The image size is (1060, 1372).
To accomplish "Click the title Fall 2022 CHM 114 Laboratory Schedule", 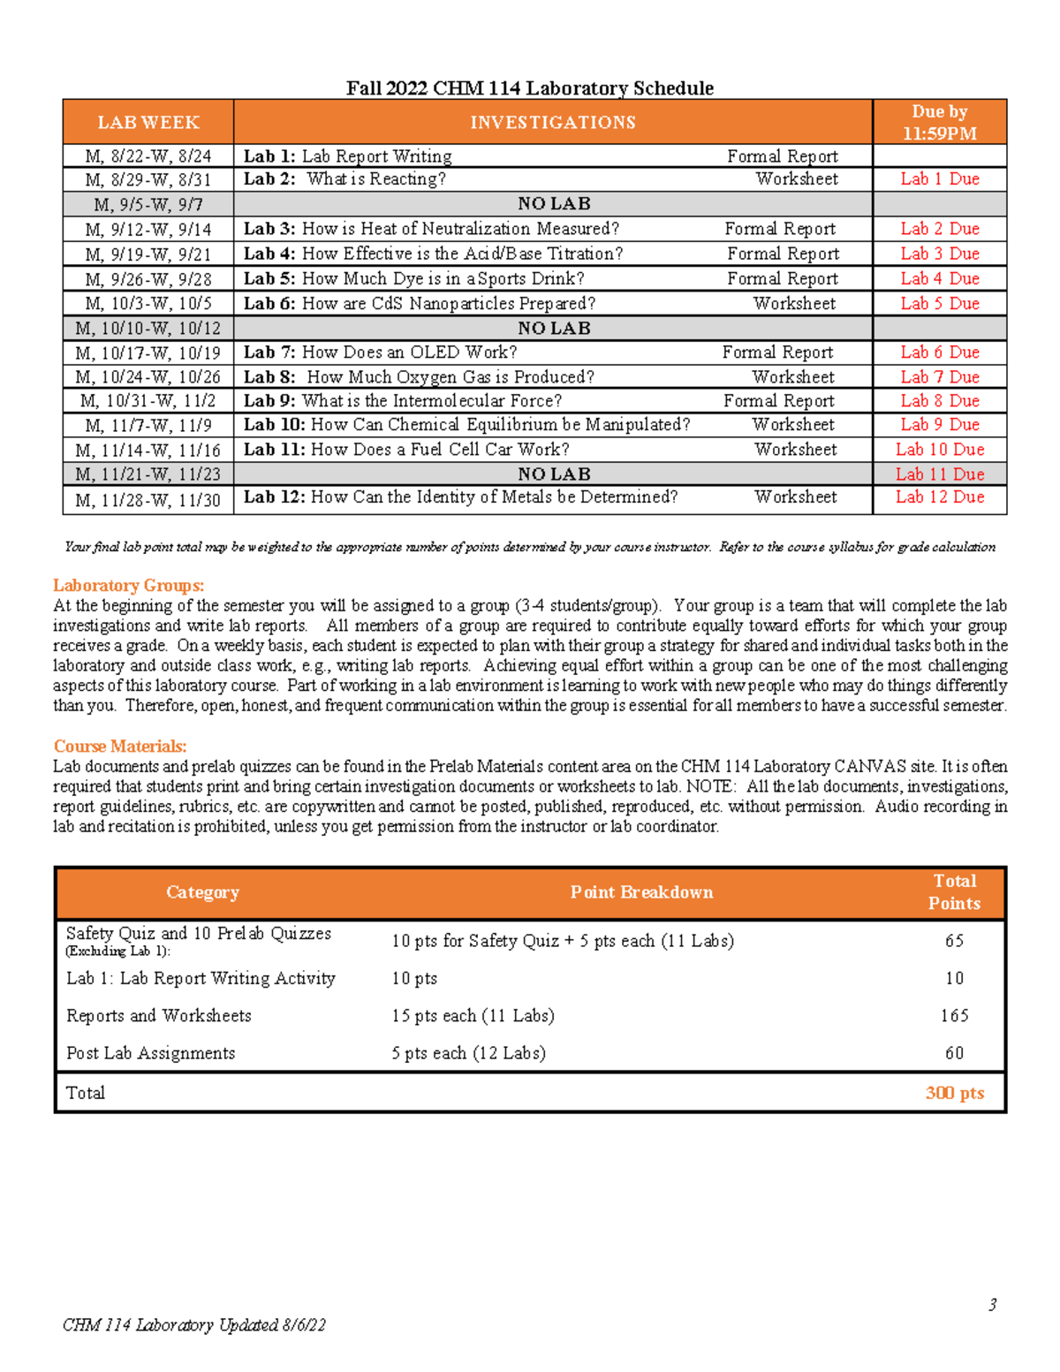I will pyautogui.click(x=529, y=87).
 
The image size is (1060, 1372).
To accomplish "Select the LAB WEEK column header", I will pyautogui.click(x=148, y=122).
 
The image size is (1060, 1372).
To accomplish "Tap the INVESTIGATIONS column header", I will pyautogui.click(x=552, y=122).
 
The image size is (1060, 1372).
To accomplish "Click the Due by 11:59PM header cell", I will pyautogui.click(x=939, y=122).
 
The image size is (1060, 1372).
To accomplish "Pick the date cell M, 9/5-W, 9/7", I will pyautogui.click(x=148, y=204).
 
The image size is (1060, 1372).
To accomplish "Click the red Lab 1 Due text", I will pyautogui.click(x=939, y=178).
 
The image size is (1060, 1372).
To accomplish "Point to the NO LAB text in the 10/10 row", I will pyautogui.click(x=554, y=328).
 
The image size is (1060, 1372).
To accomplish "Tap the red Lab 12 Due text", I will pyautogui.click(x=939, y=496).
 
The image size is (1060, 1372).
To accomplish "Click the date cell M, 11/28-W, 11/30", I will pyautogui.click(x=148, y=500).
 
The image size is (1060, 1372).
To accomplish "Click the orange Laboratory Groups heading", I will pyautogui.click(x=128, y=585).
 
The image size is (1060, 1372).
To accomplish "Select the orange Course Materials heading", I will pyautogui.click(x=120, y=746).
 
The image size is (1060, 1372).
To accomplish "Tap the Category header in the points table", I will pyautogui.click(x=202, y=892).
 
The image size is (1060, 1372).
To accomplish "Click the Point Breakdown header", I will pyautogui.click(x=641, y=892).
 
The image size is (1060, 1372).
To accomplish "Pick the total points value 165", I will pyautogui.click(x=954, y=1015).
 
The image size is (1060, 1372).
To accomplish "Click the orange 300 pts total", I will pyautogui.click(x=954, y=1093).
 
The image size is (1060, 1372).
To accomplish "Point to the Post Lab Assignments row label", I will pyautogui.click(x=151, y=1053).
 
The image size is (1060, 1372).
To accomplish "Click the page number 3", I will pyautogui.click(x=992, y=1304).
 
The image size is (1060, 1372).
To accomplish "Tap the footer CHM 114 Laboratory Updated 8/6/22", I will pyautogui.click(x=194, y=1324).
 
